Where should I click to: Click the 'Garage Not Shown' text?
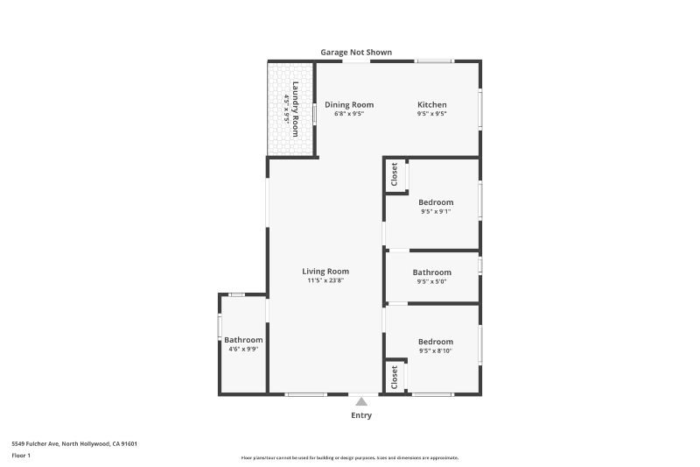[355, 53]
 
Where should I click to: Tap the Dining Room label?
[349, 105]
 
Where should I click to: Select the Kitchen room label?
[431, 105]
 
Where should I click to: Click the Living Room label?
[325, 272]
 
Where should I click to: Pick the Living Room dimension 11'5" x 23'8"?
[325, 281]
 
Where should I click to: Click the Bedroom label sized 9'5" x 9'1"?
[436, 202]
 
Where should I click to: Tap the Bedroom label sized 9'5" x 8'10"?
[436, 342]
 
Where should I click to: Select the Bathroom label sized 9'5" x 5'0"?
[431, 272]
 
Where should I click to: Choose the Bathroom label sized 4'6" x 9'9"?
[243, 340]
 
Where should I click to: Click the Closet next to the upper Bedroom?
[395, 174]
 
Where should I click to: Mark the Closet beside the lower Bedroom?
[395, 377]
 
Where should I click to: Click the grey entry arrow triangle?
[361, 401]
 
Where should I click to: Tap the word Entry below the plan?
[361, 415]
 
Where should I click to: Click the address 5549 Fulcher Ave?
[74, 443]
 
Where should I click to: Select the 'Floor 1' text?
[21, 456]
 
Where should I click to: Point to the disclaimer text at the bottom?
[350, 457]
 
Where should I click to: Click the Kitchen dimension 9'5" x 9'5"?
[431, 114]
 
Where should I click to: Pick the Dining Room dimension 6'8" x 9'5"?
[349, 114]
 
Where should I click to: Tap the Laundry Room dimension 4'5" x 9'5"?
[286, 109]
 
